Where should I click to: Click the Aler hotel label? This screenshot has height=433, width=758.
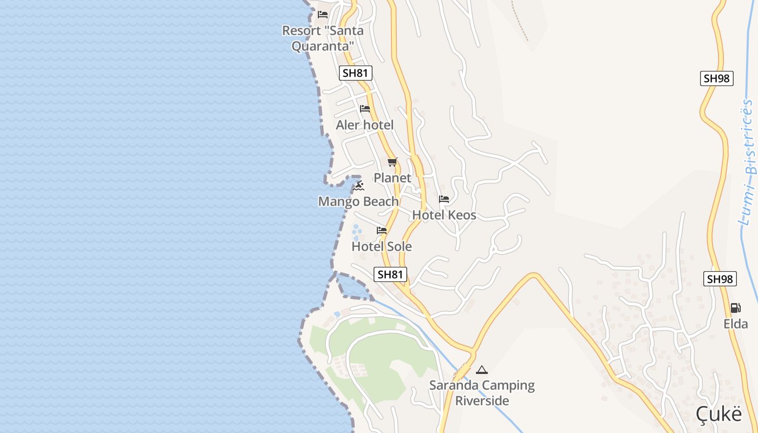pos(364,125)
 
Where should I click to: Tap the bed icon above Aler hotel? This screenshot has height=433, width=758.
pos(365,109)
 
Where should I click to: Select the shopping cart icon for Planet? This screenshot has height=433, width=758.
pos(393,162)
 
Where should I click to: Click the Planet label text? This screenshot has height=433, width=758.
pos(393,178)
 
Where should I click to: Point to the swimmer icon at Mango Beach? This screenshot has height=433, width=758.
pos(359,186)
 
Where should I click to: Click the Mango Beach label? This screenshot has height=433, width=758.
pos(358,201)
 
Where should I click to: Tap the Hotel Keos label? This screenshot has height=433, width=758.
pos(444,215)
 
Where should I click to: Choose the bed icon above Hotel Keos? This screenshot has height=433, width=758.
pos(444,199)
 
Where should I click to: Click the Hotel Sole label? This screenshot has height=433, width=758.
pos(382,246)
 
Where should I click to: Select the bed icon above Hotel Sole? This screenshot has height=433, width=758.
pos(382,231)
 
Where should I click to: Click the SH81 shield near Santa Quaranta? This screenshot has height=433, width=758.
pos(356,73)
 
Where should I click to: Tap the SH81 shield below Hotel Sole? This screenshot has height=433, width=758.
pos(390,274)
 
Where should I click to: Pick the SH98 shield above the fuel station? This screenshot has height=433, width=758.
pos(720,279)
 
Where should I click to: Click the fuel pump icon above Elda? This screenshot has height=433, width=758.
pos(735,308)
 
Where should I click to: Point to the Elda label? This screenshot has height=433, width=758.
pos(735,324)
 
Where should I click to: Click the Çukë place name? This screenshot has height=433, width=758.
pos(718,414)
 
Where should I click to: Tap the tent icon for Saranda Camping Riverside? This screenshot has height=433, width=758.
pos(481,370)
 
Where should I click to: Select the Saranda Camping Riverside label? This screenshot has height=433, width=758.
pos(482,393)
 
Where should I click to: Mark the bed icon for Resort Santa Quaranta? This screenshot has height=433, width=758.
pos(323,15)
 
